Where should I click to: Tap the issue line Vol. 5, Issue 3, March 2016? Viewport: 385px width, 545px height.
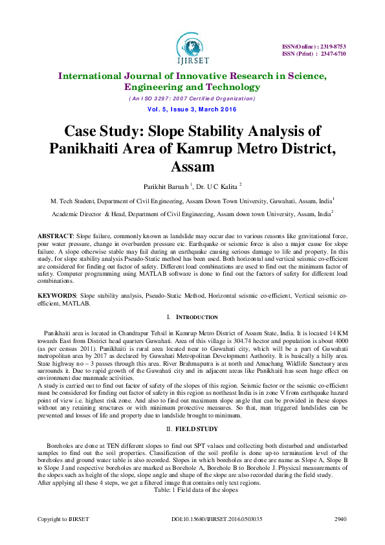coord(192,109)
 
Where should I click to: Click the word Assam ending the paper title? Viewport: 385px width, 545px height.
coord(192,167)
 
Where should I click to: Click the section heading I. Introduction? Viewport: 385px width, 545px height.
coord(192,318)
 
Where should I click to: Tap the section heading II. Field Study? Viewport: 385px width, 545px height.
coord(192,430)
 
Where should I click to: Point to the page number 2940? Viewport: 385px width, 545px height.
coord(340,520)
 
